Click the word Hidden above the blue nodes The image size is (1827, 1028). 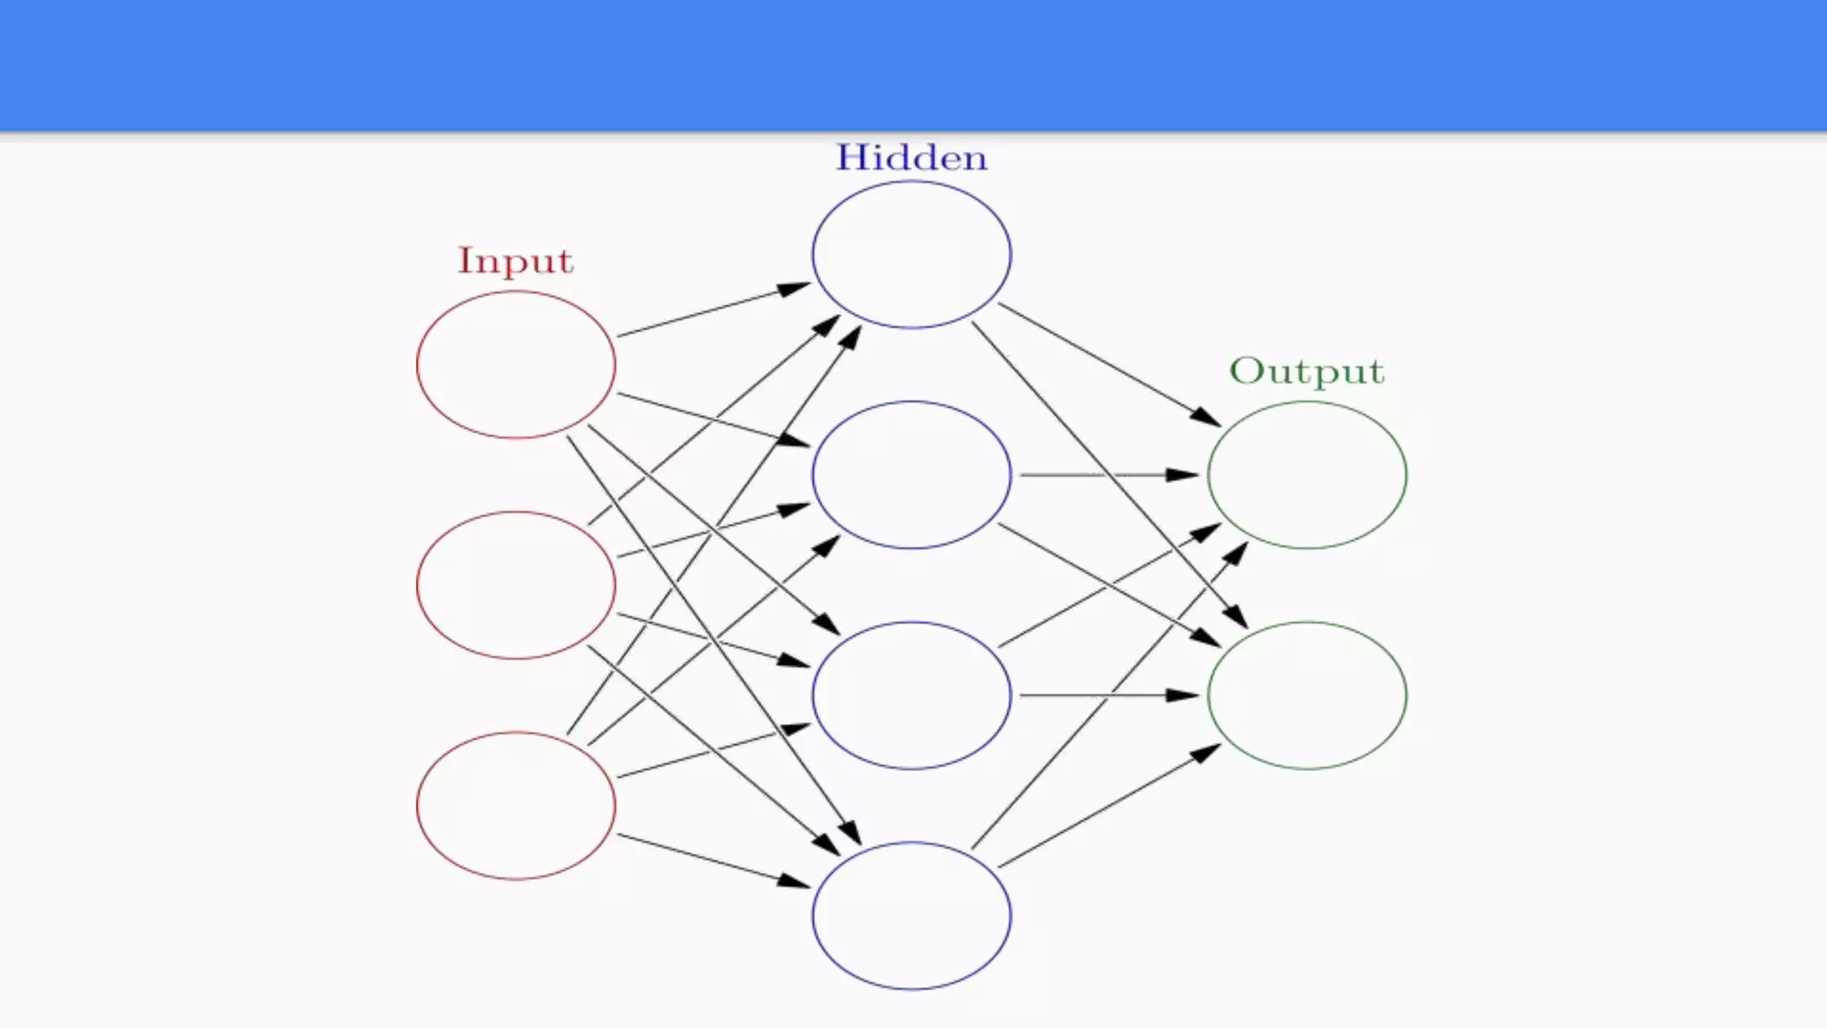[x=911, y=158]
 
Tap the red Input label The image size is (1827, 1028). [x=515, y=261]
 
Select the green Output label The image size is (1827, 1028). [x=1307, y=371]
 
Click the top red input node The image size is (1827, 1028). [x=516, y=364]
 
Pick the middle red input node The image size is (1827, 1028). [x=516, y=584]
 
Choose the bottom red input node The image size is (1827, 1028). [x=516, y=805]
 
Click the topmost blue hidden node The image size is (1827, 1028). [x=911, y=254]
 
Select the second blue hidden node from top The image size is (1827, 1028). [x=911, y=474]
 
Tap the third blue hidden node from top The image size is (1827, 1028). [x=911, y=694]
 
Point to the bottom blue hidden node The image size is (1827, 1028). [x=911, y=915]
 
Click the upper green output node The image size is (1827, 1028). [x=1307, y=474]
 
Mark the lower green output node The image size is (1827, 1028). [x=1307, y=694]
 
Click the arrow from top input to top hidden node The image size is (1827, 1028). [x=714, y=310]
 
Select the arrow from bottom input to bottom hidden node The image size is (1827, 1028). [x=714, y=861]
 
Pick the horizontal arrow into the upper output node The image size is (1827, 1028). [x=1109, y=475]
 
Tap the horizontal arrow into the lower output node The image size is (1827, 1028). [x=1109, y=694]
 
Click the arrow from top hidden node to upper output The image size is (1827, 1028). [x=1109, y=365]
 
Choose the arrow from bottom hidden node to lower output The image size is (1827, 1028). [x=1109, y=806]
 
